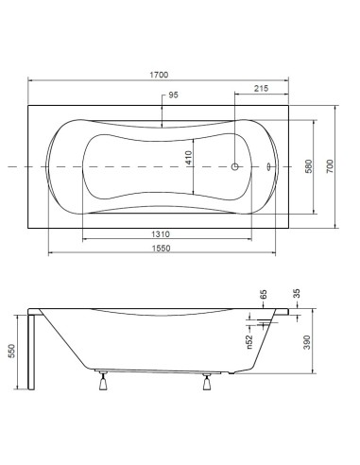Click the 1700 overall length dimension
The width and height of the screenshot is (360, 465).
pyautogui.click(x=159, y=75)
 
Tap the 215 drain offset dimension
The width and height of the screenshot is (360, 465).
pyautogui.click(x=262, y=89)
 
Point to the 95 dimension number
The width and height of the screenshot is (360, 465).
pyautogui.click(x=173, y=95)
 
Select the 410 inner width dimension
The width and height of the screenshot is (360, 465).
pyautogui.click(x=188, y=158)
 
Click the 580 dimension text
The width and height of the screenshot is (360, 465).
pyautogui.click(x=309, y=166)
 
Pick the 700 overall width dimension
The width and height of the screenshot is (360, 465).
pyautogui.click(x=330, y=166)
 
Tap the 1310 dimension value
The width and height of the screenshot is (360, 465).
pyautogui.click(x=161, y=234)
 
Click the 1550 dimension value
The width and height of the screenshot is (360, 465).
pyautogui.click(x=162, y=249)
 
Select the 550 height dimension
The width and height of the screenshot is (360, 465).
pyautogui.click(x=11, y=351)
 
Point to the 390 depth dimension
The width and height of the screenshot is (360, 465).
pyautogui.click(x=307, y=342)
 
